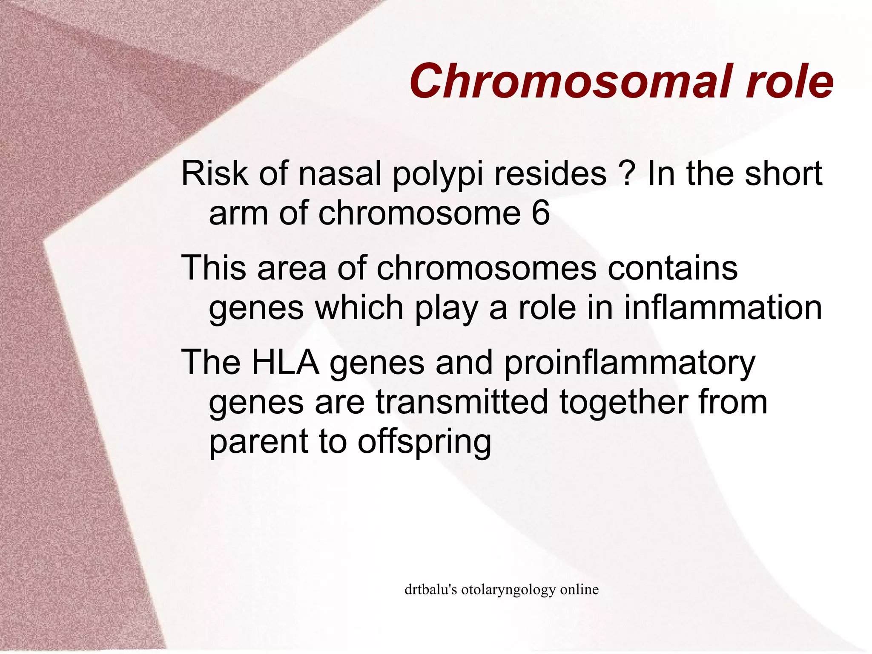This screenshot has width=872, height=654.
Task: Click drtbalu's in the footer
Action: click(x=430, y=590)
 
